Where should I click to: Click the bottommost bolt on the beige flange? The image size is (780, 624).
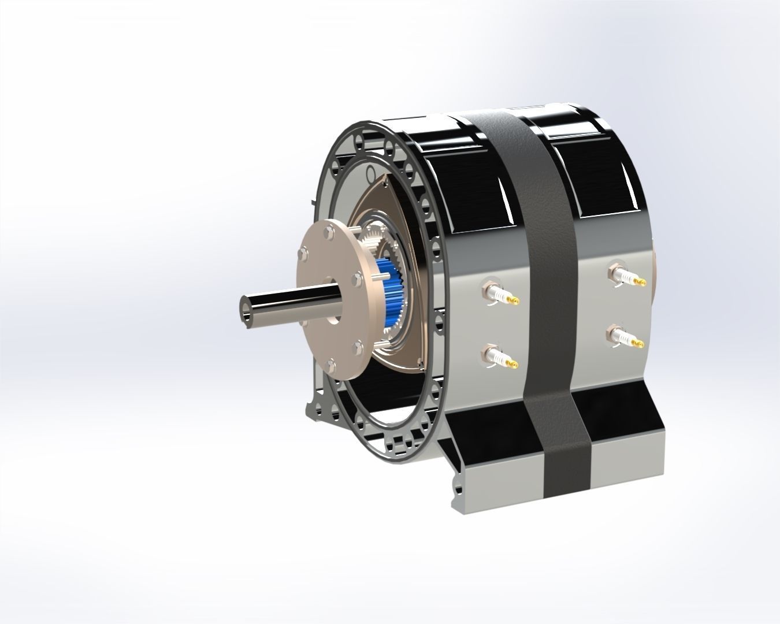point(330,365)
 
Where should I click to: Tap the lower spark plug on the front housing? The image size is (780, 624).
point(497,356)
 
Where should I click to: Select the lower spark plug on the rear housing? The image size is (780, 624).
point(624,337)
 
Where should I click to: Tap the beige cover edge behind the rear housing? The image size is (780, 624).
point(656,277)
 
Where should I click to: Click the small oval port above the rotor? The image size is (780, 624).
point(370,172)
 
